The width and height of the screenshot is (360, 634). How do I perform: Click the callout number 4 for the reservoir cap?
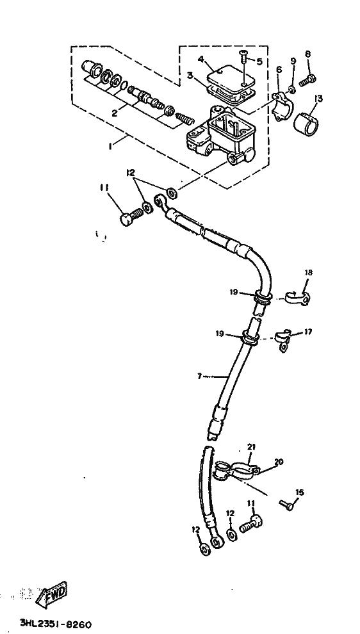pyautogui.click(x=200, y=60)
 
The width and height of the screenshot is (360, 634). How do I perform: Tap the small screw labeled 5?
pyautogui.click(x=244, y=56)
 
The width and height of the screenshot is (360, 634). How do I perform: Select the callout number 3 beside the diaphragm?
pyautogui.click(x=190, y=76)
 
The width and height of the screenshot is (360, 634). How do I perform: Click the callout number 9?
pyautogui.click(x=293, y=61)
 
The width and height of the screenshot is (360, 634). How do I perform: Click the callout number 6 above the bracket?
pyautogui.click(x=279, y=70)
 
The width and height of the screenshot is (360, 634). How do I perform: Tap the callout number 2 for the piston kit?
pyautogui.click(x=115, y=113)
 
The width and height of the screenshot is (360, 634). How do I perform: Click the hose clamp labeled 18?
pyautogui.click(x=298, y=298)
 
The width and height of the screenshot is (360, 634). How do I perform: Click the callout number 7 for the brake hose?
pyautogui.click(x=199, y=377)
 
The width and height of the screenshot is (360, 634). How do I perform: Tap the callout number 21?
pyautogui.click(x=252, y=447)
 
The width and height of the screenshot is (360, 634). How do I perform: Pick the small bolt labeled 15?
pyautogui.click(x=286, y=505)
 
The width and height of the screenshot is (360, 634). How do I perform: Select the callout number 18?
pyautogui.click(x=309, y=273)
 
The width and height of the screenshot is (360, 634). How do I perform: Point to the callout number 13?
pyautogui.click(x=319, y=99)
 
